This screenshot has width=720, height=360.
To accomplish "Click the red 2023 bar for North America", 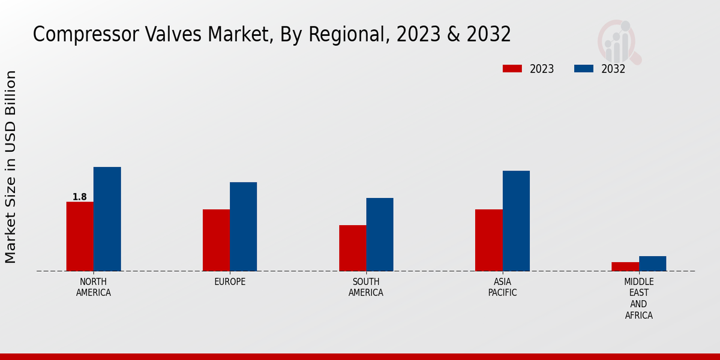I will [80, 236].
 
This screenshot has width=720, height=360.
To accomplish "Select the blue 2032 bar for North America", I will [107, 219].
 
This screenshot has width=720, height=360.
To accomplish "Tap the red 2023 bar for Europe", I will [216, 240].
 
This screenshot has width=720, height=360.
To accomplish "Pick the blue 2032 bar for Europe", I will [243, 227].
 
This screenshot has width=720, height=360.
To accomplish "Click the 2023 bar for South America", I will [352, 248].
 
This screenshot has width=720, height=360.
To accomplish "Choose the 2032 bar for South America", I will [380, 235].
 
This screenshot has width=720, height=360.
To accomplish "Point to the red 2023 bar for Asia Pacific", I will [488, 240].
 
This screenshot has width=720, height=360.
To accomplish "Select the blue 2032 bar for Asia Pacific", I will [516, 221].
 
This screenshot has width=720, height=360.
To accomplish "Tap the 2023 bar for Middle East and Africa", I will [625, 266].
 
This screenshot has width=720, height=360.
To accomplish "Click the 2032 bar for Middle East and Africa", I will [652, 263].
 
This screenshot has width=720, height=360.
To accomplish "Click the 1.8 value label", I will [79, 197].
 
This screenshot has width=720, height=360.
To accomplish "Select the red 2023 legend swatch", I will [512, 68].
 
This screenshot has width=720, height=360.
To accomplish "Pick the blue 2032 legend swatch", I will [584, 68].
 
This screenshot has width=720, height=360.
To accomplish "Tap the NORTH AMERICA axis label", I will [94, 287].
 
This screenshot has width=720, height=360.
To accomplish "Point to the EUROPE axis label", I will [230, 282].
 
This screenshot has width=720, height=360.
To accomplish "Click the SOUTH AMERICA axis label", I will [366, 287].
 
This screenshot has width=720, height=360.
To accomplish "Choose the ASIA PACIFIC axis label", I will [502, 287].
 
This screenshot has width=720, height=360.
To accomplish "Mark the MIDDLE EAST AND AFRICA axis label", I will [639, 298].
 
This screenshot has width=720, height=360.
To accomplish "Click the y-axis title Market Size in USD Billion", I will [11, 167].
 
